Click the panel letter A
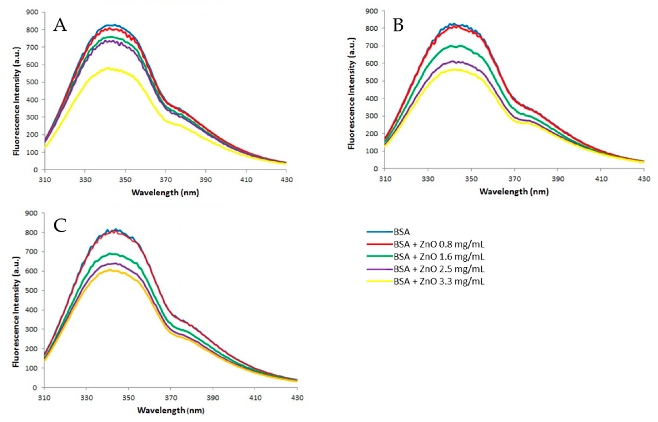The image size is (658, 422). point(60,25)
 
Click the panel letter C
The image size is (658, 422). point(60,226)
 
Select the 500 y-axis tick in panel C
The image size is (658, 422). point(31,290)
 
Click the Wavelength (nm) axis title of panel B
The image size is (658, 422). point(514,192)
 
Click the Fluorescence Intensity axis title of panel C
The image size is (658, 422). point(16,312)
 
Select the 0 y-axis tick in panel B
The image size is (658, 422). point(376,169)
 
